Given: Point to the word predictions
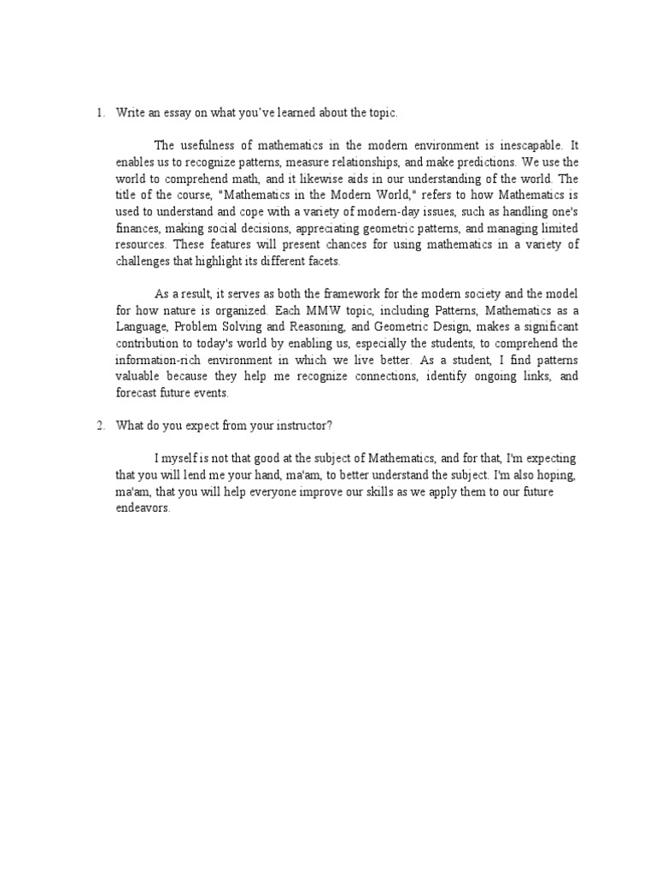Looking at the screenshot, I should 489,161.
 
